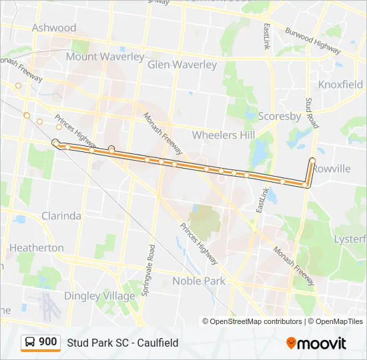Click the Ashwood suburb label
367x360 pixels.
[x=54, y=28]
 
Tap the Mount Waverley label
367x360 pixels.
[x=105, y=57]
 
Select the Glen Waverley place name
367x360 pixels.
[x=182, y=65]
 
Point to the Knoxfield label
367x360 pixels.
[x=340, y=85]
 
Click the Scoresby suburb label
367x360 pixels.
[x=280, y=116]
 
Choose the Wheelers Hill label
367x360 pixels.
[x=224, y=135]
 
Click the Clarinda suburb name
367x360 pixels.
[x=61, y=216]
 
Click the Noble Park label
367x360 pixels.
[x=199, y=281]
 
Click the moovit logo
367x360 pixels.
[x=316, y=343]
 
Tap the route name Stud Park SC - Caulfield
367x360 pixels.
[x=122, y=343]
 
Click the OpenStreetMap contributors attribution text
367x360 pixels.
[x=252, y=321]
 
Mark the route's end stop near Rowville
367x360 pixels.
[x=312, y=160]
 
